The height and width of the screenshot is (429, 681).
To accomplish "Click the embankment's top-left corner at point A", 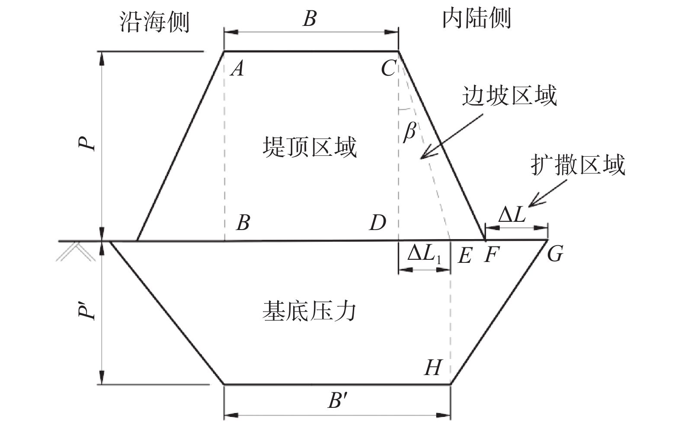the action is (224, 51).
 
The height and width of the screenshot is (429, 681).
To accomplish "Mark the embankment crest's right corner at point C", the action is (398, 51).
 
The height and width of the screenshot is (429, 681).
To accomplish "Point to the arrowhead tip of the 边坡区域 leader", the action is (421, 158).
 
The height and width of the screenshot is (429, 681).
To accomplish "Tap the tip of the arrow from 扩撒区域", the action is (529, 207).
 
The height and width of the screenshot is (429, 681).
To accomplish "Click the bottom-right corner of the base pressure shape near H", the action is (450, 384).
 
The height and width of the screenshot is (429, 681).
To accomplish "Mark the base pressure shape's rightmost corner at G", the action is (547, 240).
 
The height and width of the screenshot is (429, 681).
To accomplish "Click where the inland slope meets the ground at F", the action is (485, 240).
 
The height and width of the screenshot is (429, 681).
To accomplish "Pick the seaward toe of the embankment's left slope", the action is (137, 240).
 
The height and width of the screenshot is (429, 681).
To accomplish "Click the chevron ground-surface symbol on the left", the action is (76, 252).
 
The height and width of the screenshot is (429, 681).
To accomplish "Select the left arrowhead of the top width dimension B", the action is (231, 32).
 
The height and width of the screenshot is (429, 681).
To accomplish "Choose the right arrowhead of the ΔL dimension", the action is (541, 228).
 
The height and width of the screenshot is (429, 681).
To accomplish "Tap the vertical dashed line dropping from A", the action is (225, 146).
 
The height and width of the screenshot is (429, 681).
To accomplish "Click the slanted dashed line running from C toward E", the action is (425, 145).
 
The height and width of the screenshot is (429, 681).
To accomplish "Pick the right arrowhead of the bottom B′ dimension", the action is (443, 415).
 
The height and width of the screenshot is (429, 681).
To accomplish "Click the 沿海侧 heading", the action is (154, 22).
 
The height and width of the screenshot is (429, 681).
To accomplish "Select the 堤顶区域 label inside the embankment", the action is (310, 147).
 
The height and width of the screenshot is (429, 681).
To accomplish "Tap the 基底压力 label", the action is (309, 311).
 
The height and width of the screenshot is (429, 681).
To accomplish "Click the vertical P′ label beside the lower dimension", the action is (86, 309).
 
